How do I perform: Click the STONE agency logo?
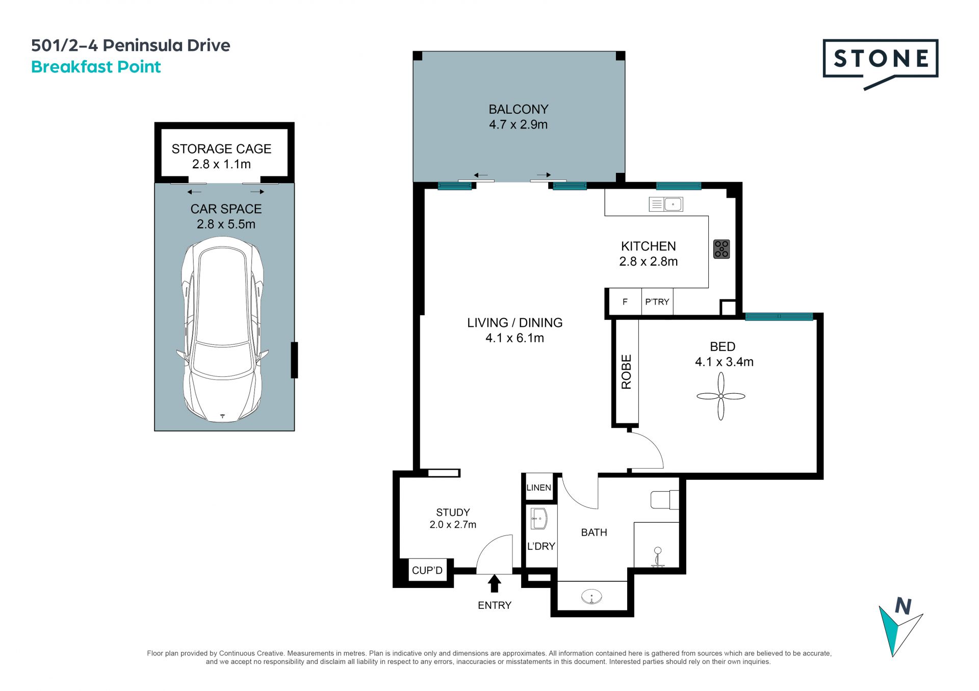(x=880, y=64)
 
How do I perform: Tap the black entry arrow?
(x=494, y=583)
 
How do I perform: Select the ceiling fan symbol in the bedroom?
(x=720, y=396)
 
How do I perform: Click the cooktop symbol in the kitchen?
(x=722, y=249)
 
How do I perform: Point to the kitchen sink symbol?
(x=665, y=204)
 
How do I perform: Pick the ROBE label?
(x=626, y=372)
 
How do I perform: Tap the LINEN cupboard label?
(x=538, y=488)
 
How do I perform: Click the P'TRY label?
(x=657, y=302)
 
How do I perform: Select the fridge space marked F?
(x=625, y=302)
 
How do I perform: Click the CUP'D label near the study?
(x=427, y=570)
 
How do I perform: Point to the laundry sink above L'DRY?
(x=538, y=519)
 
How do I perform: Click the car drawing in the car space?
(x=222, y=332)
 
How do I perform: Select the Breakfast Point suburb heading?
(x=96, y=67)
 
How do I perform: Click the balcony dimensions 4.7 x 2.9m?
(x=518, y=124)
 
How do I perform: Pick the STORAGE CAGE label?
(x=221, y=149)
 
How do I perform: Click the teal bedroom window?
(x=779, y=317)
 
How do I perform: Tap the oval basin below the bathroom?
(x=591, y=596)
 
